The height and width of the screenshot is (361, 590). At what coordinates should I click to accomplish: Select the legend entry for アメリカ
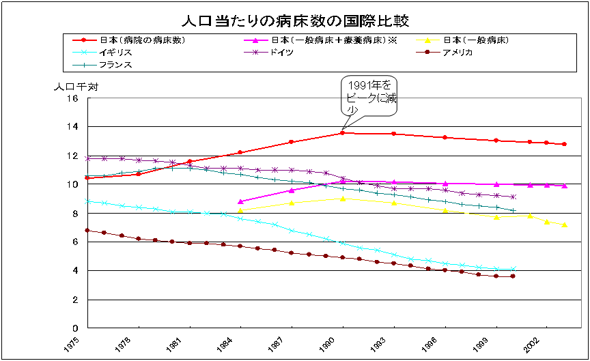tap(457, 53)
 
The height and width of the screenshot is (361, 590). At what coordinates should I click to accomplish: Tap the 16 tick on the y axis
tap(73, 98)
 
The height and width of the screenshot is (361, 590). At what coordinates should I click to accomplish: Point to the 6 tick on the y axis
tap(76, 242)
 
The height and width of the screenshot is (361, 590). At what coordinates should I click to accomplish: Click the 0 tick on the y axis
tap(76, 328)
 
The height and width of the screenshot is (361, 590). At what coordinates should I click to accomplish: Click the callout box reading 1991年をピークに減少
tap(369, 96)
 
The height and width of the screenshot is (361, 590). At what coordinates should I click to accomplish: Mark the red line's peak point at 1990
tap(342, 133)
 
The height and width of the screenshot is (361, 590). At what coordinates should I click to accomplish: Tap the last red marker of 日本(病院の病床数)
tap(564, 144)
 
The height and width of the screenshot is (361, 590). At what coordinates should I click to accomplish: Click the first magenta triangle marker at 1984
tap(240, 201)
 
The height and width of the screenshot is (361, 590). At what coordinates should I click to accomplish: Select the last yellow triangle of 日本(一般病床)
tap(564, 225)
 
